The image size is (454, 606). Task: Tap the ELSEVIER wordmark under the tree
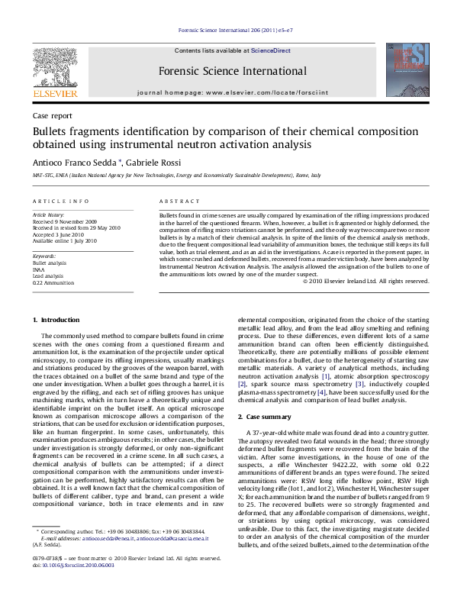pyautogui.click(x=55, y=94)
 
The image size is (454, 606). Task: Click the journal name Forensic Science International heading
pyautogui.click(x=233, y=72)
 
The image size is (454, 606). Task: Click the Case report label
pyautogui.click(x=53, y=115)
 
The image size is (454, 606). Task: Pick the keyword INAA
pyautogui.click(x=39, y=269)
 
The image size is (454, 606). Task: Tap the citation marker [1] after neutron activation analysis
pyautogui.click(x=326, y=377)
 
